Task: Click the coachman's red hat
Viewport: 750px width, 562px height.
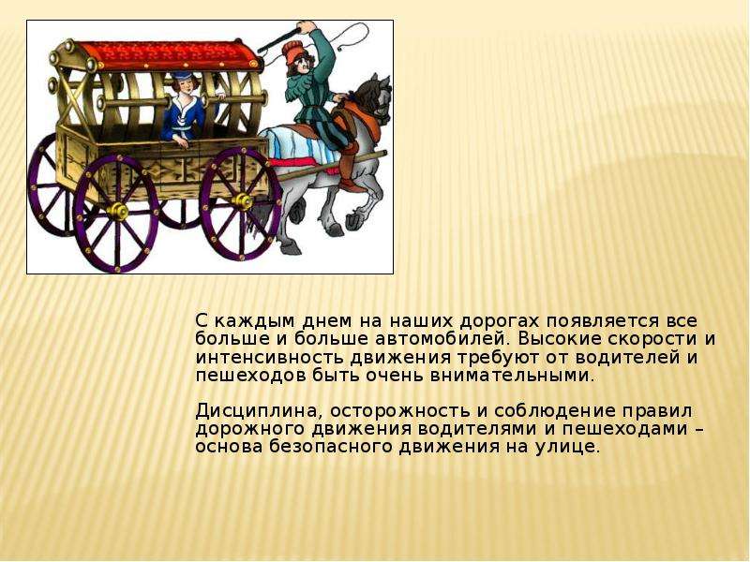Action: [x=292, y=49]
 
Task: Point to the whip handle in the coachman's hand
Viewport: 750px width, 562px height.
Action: [x=279, y=39]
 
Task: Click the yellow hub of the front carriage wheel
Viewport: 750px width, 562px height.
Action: [x=243, y=201]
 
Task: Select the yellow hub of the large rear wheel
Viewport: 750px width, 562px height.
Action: [x=118, y=211]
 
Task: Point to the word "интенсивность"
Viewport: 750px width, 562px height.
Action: [x=269, y=358]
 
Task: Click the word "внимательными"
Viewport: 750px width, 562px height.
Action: [x=511, y=376]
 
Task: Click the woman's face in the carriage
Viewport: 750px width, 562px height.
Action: [x=184, y=87]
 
